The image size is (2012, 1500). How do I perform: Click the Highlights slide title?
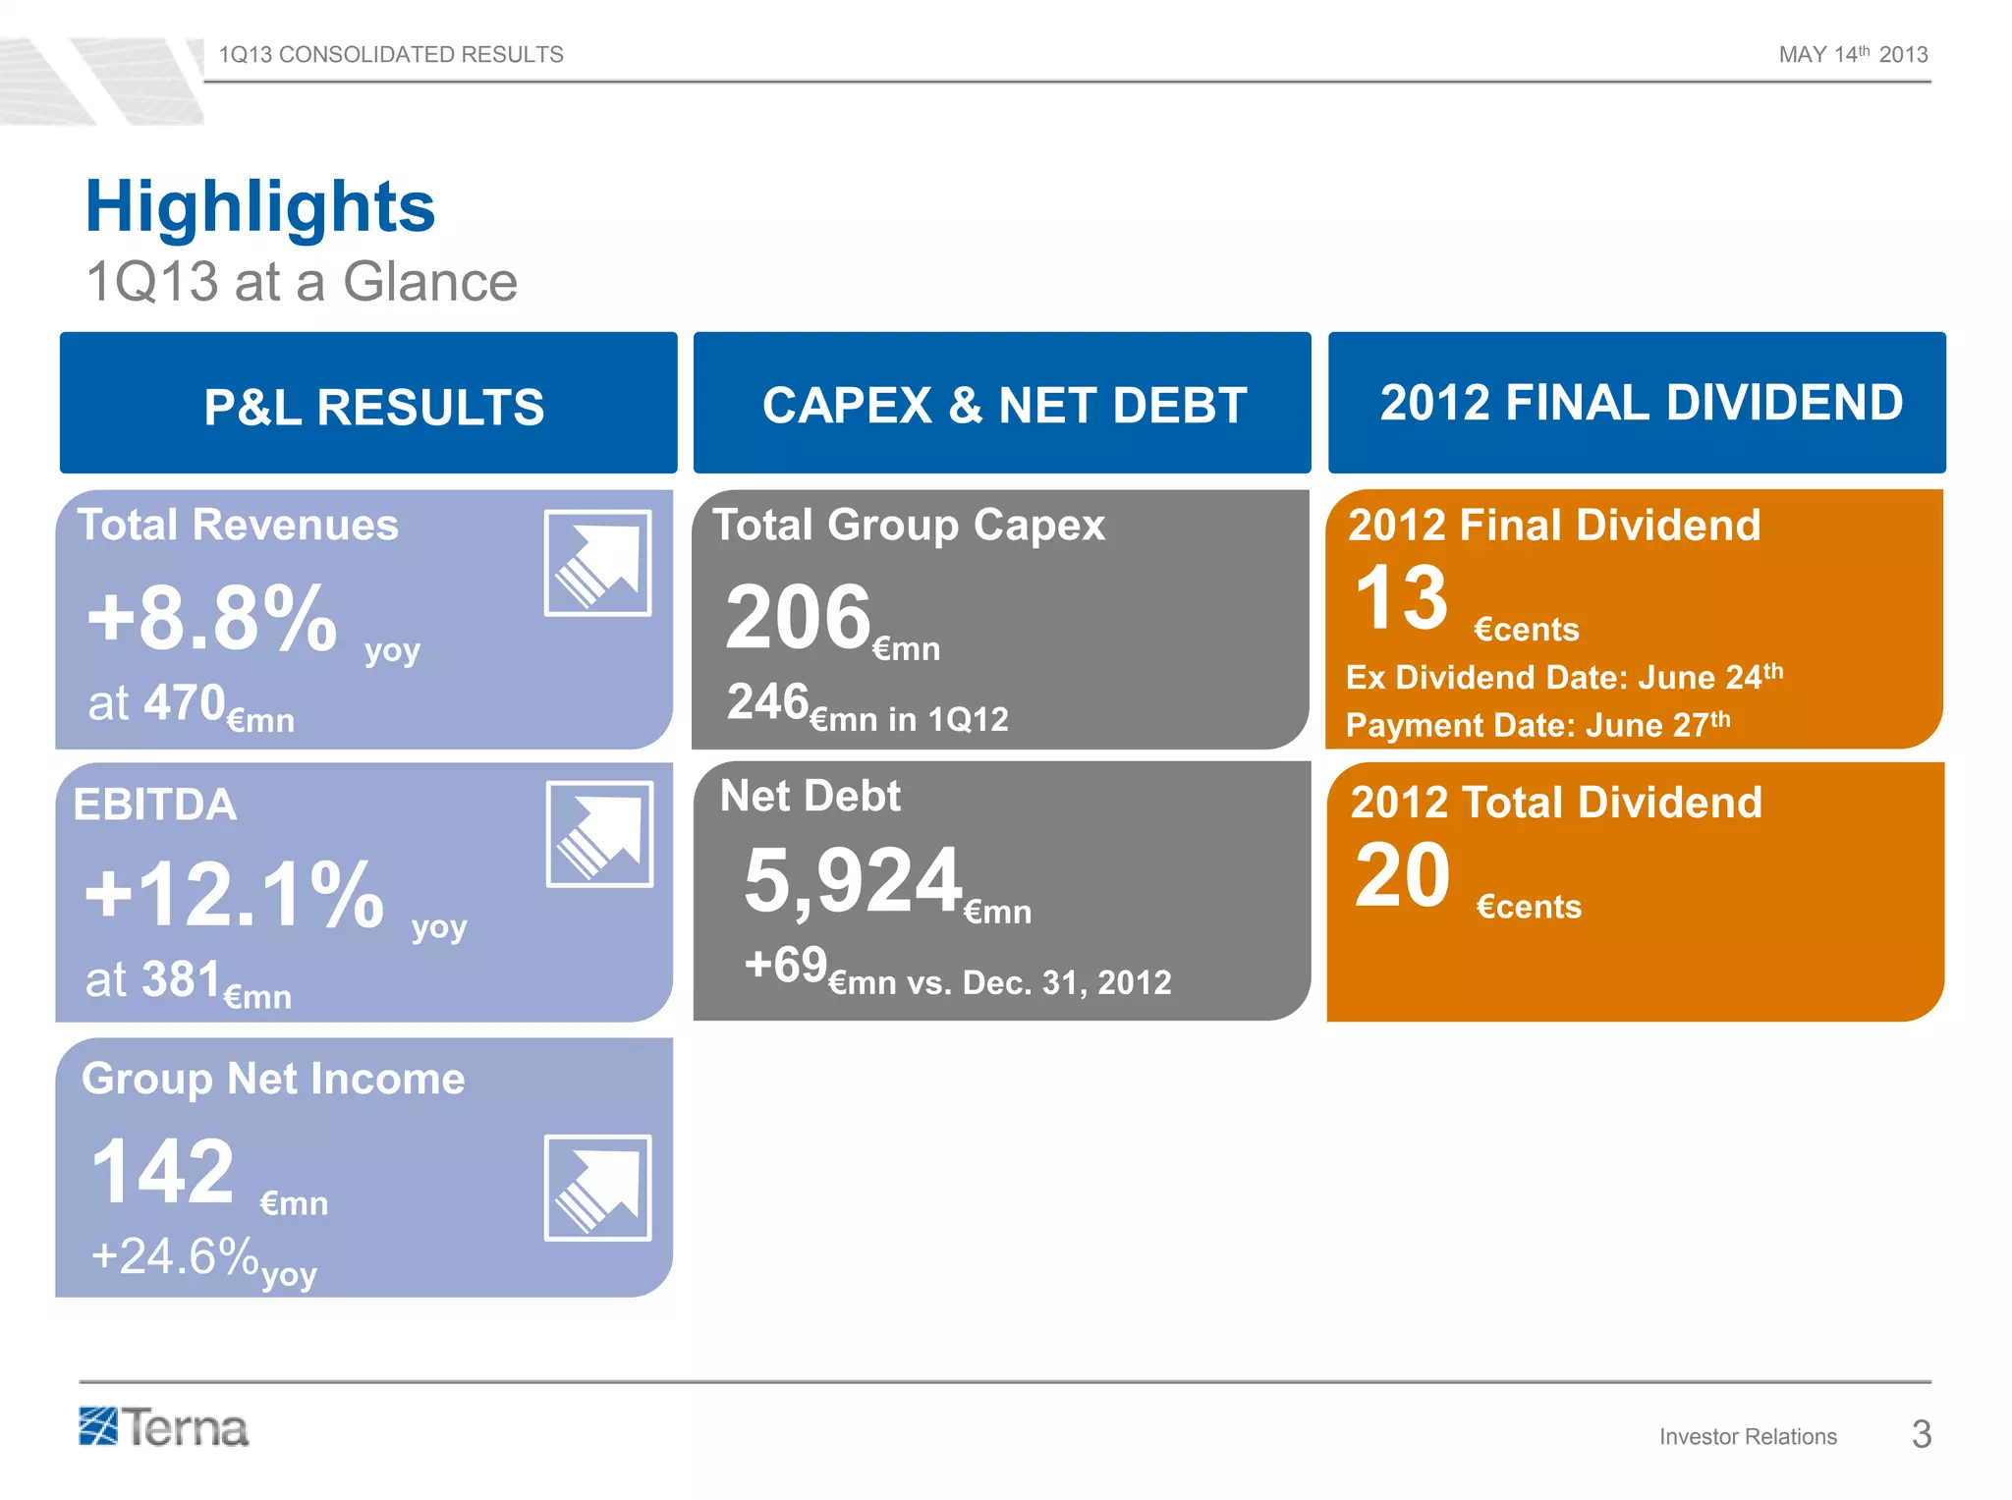coord(260,207)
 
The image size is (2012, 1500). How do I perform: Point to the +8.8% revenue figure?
coord(212,619)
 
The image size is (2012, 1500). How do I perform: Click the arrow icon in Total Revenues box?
coord(597,564)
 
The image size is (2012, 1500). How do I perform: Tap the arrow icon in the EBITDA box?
coord(599,835)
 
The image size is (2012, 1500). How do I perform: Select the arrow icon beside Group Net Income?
coord(597,1189)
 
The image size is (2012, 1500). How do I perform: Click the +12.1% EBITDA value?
coord(234,895)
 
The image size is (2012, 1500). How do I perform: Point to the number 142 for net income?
coord(163,1171)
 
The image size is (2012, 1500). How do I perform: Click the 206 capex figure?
coord(798,618)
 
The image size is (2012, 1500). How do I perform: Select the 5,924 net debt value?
coord(853,881)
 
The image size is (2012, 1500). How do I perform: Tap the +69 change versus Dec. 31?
coord(786,965)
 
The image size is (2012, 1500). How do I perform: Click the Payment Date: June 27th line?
coord(1537,725)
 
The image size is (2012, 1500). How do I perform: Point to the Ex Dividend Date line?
coord(1563,677)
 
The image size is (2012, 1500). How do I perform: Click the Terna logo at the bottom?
coord(164,1428)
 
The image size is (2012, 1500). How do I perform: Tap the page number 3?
coord(1921,1435)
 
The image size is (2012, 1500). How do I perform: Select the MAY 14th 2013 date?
coord(1853,55)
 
